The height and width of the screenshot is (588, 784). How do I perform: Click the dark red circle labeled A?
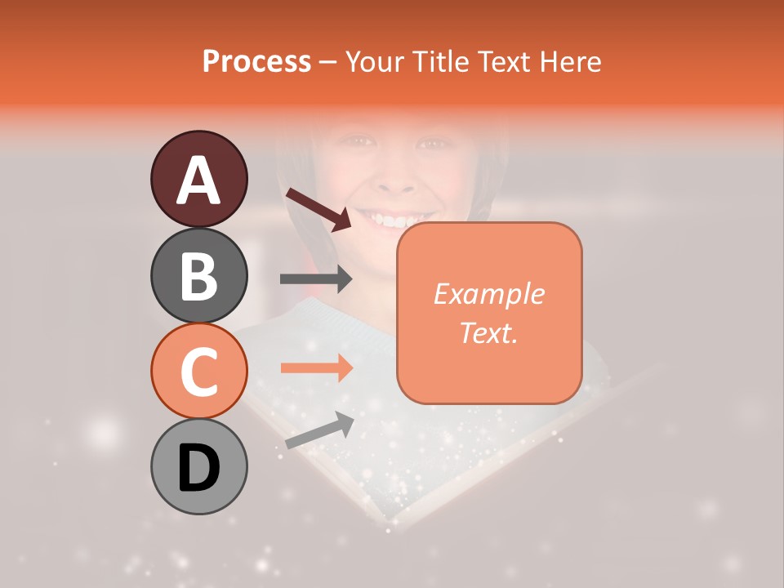[198, 179]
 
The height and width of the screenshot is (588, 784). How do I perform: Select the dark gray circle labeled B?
[198, 275]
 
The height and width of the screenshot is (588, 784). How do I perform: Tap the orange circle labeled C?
[198, 371]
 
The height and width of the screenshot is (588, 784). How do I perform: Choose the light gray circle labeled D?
[198, 466]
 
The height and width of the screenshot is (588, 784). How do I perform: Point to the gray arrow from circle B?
[316, 279]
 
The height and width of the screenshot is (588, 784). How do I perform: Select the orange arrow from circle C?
[316, 368]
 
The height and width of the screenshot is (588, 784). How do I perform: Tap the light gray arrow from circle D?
[319, 431]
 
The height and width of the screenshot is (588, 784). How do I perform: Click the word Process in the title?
[256, 61]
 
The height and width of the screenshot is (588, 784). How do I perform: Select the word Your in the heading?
[375, 61]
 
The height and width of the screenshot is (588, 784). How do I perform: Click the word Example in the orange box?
[488, 294]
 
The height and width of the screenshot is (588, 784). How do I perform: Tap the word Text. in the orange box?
[488, 332]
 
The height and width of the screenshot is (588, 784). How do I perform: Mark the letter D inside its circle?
[198, 468]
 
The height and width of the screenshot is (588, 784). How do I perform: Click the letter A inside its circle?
[198, 180]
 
